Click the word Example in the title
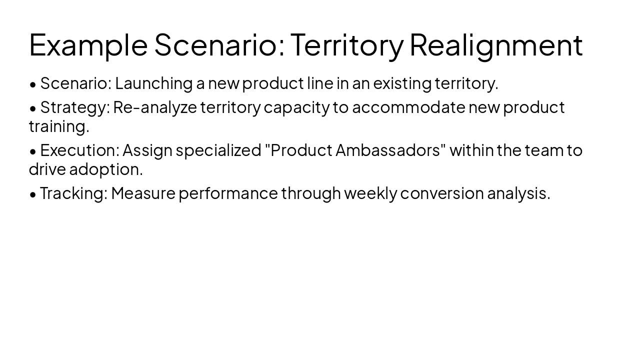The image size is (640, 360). tap(88, 45)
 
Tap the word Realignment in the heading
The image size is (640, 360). tap(496, 45)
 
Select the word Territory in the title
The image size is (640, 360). tap(346, 45)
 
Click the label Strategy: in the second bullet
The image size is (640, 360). tap(74, 107)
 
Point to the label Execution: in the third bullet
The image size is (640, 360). tap(79, 150)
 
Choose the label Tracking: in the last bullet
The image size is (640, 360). tap(73, 193)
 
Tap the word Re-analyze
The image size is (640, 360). tap(155, 107)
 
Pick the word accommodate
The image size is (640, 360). tap(408, 107)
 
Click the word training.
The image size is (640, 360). tap(58, 127)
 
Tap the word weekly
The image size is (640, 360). tap(370, 193)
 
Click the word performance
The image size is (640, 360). tap(228, 193)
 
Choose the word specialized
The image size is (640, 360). tap(218, 150)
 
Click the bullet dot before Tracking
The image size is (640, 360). tap(33, 194)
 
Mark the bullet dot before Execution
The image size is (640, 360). tap(33, 151)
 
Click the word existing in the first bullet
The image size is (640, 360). tap(402, 83)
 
